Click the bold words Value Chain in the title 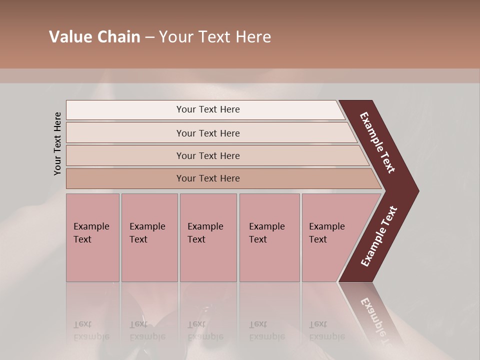point(94,37)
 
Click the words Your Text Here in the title point(215,37)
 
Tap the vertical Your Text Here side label point(57,143)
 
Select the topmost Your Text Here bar point(208,109)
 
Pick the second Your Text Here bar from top point(208,133)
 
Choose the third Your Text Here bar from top point(208,155)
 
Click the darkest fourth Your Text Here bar point(208,178)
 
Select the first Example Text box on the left point(92,237)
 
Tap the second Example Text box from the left point(149,237)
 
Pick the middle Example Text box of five point(208,237)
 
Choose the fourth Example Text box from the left point(269,237)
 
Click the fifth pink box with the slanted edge point(330,237)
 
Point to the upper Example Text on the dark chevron point(377,142)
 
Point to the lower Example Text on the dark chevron point(379,236)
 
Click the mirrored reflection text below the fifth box point(326,330)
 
